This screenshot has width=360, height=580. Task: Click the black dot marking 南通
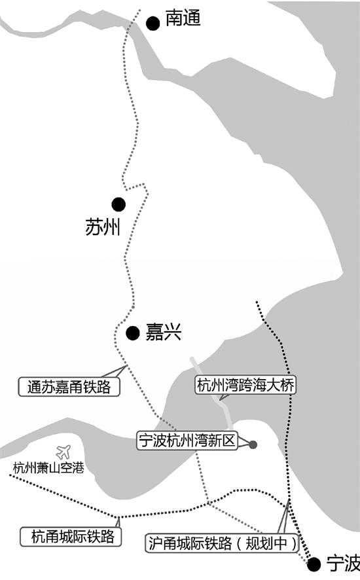click(153, 24)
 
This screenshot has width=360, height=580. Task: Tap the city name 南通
click(183, 18)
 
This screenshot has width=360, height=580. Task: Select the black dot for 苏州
click(118, 204)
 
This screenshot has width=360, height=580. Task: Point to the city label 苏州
click(103, 227)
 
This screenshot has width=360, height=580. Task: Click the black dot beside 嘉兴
click(132, 333)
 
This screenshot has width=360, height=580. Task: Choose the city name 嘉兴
click(164, 332)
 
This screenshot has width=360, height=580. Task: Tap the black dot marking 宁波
click(314, 564)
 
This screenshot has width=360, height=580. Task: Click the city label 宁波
click(343, 563)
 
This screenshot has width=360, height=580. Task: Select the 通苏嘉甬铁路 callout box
click(69, 387)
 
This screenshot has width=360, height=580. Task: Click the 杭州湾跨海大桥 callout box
click(245, 385)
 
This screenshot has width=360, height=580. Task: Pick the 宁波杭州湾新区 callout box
click(187, 440)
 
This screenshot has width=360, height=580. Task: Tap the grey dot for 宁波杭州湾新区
click(253, 444)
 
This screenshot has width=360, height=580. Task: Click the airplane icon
click(63, 452)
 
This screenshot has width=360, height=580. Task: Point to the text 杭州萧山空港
click(48, 468)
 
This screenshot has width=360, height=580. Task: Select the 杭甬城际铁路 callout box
click(71, 536)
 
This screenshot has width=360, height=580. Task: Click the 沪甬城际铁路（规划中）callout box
click(223, 543)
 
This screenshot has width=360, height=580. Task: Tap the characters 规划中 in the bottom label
click(266, 543)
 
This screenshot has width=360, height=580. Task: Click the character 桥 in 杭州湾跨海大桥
click(287, 385)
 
